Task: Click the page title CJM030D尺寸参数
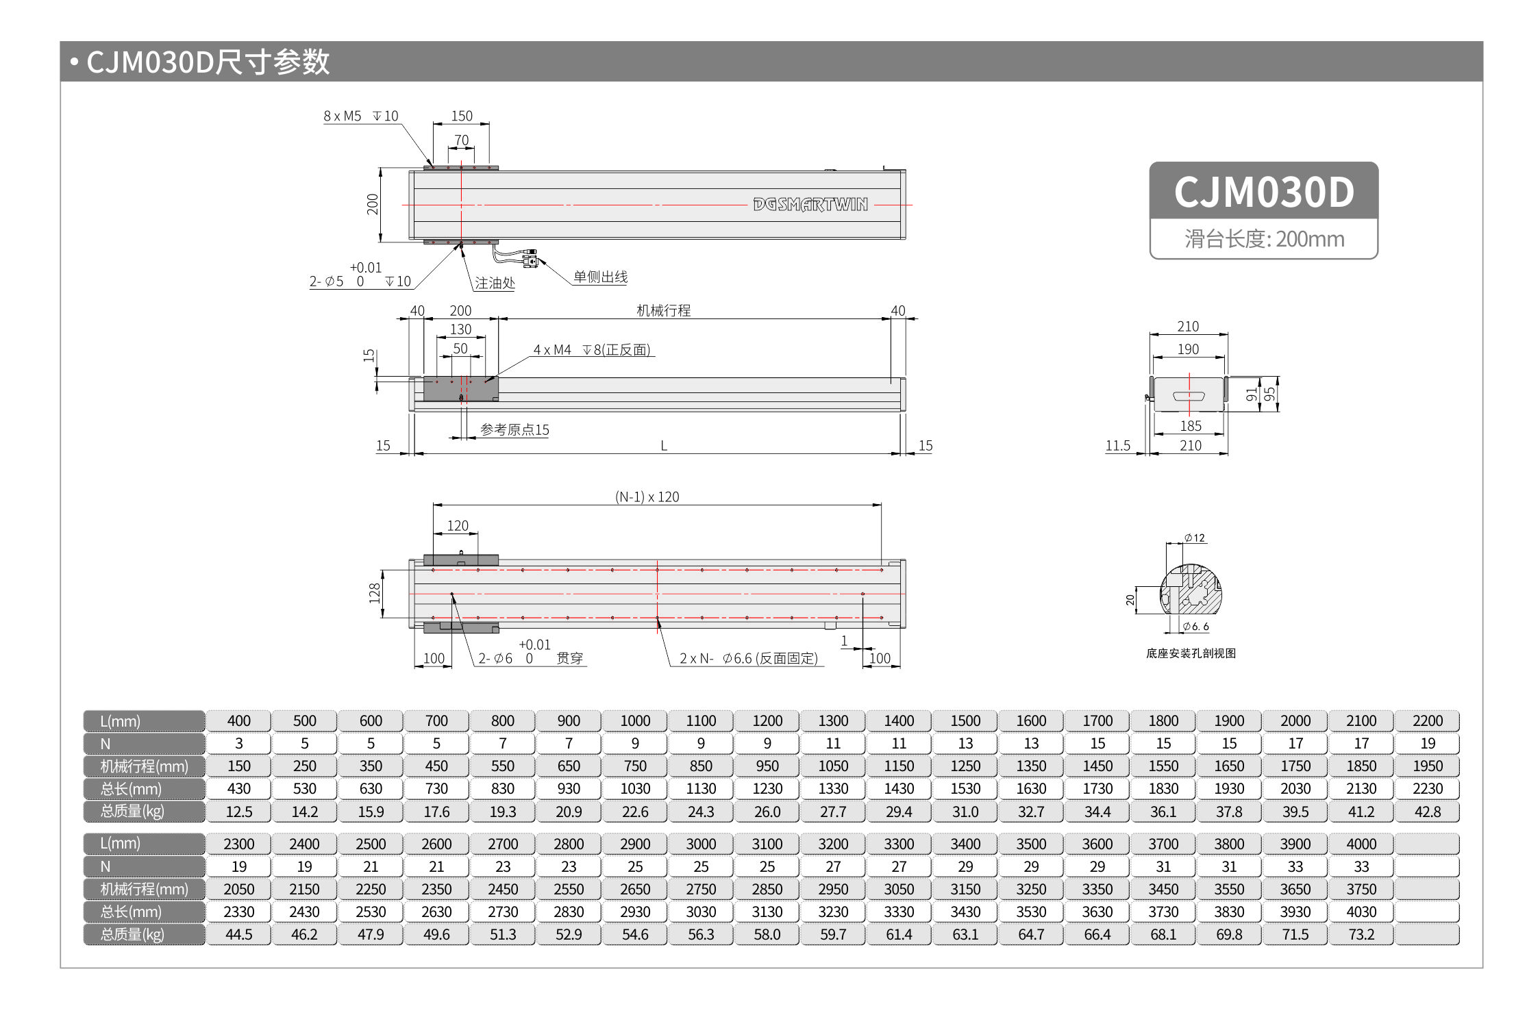click(x=208, y=62)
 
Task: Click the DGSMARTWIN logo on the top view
click(x=810, y=205)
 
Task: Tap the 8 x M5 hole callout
click(x=360, y=116)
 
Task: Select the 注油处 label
click(x=494, y=283)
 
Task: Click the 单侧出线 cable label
click(x=600, y=277)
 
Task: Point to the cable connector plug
click(x=530, y=258)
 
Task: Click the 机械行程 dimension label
click(x=663, y=310)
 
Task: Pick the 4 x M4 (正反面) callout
click(x=592, y=349)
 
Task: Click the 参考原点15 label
click(x=514, y=429)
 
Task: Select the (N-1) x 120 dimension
click(x=647, y=497)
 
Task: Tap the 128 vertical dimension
click(x=374, y=592)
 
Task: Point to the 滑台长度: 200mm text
click(x=1264, y=239)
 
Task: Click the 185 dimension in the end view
click(x=1190, y=425)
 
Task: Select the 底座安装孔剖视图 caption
click(x=1191, y=653)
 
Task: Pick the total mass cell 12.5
click(x=238, y=812)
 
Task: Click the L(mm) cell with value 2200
click(x=1427, y=720)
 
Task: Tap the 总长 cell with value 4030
click(x=1361, y=912)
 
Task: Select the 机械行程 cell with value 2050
click(x=238, y=889)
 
